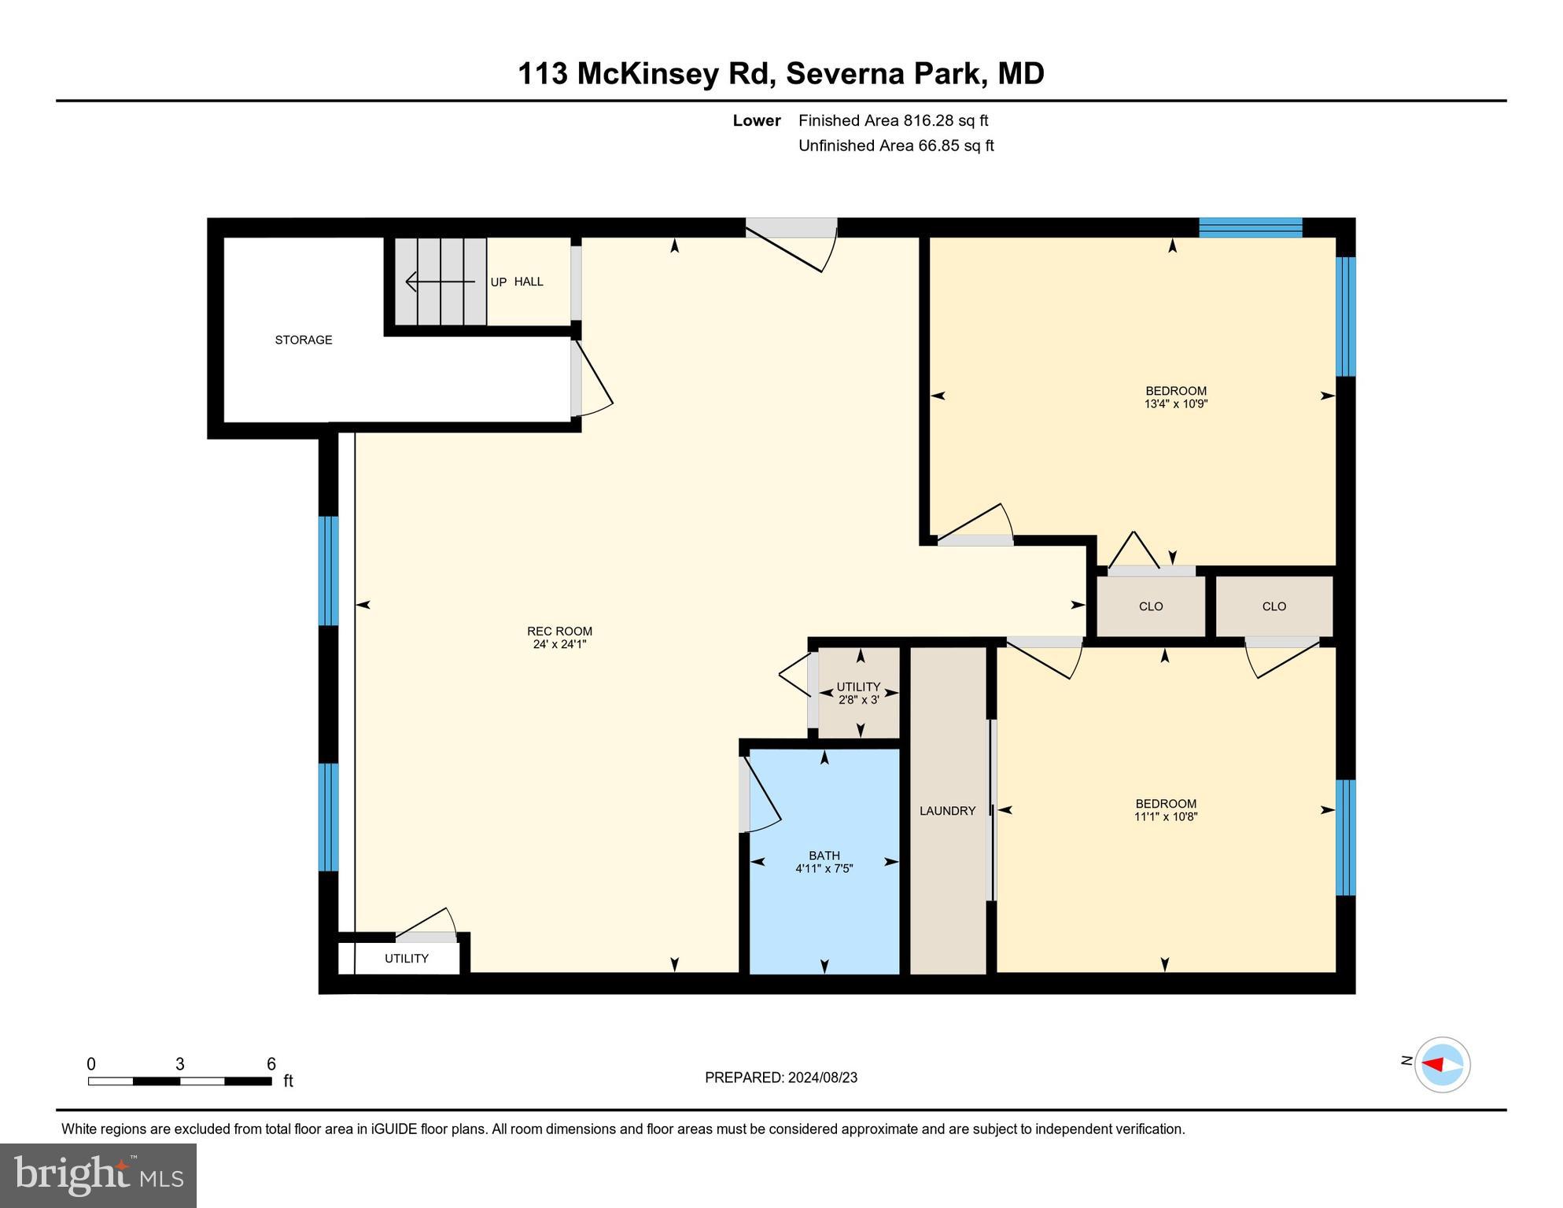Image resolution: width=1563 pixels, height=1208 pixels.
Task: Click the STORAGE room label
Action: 303,340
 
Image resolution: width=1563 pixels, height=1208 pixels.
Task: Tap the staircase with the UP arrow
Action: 441,282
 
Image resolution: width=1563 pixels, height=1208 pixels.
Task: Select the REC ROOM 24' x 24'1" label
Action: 559,638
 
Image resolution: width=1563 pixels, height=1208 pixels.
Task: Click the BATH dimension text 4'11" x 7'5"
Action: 824,869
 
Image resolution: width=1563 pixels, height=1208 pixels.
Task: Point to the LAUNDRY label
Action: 947,811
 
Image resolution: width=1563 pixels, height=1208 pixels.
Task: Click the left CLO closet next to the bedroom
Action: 1150,606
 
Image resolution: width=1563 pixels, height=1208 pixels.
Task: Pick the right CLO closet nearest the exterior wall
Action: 1274,606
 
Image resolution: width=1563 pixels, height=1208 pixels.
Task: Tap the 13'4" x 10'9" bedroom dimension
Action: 1175,404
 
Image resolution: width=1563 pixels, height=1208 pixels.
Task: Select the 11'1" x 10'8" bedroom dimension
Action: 1165,817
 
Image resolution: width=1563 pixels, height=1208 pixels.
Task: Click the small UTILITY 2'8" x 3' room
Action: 858,693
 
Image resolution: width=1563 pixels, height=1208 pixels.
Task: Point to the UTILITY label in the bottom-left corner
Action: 406,959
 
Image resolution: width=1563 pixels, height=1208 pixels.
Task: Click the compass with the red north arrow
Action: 1442,1065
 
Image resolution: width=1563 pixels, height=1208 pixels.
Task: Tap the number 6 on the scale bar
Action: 271,1064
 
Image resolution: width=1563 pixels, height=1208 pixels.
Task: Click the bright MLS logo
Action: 98,1175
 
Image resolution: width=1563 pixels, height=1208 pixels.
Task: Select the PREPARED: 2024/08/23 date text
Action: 780,1077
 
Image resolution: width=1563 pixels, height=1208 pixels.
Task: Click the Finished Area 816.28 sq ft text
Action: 893,120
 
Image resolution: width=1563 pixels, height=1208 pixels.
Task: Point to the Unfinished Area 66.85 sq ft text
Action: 896,145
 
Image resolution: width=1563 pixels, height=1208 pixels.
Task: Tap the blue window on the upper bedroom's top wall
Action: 1250,227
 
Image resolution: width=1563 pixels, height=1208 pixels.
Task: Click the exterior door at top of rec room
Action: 791,228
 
